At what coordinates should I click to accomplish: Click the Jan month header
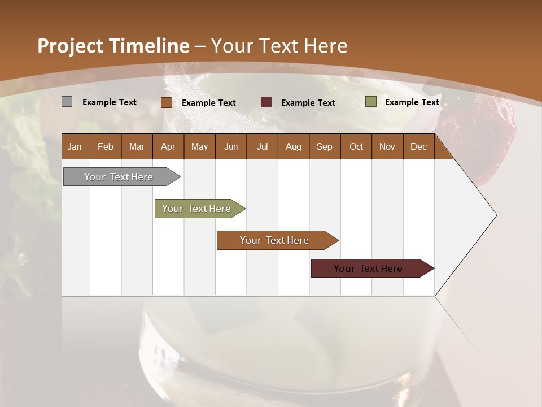[x=75, y=146]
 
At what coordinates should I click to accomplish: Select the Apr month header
[x=168, y=146]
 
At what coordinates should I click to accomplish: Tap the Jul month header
[x=262, y=146]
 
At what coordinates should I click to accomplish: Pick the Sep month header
[x=324, y=146]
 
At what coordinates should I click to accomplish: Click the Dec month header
[x=418, y=146]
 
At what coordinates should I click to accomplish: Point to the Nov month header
[x=387, y=146]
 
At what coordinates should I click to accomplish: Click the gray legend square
[x=67, y=102]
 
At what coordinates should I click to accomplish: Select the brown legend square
[x=166, y=102]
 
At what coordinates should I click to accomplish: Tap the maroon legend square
[x=266, y=102]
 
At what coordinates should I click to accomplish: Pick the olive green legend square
[x=370, y=102]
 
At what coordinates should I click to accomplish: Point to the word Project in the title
[x=71, y=46]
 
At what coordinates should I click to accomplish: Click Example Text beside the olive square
[x=412, y=102]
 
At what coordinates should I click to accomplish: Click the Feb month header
[x=105, y=146]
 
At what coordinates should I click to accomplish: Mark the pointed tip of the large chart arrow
[x=496, y=215]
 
